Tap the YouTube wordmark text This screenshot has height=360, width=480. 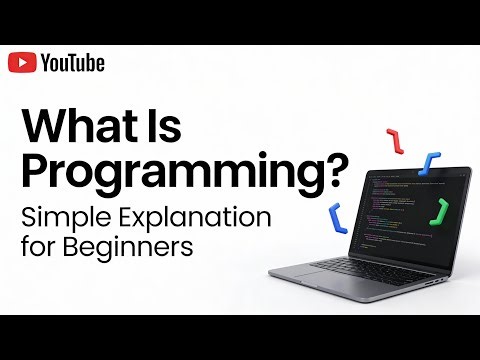(72, 63)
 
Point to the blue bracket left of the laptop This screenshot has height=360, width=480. (337, 217)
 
